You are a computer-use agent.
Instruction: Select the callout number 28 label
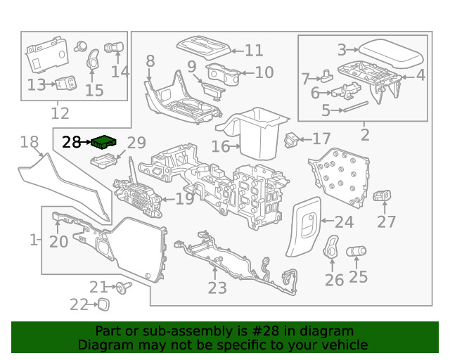pyautogui.click(x=72, y=142)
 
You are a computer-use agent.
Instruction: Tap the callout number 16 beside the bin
pyautogui.click(x=221, y=146)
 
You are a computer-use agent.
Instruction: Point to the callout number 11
pyautogui.click(x=254, y=51)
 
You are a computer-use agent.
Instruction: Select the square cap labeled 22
pyautogui.click(x=103, y=304)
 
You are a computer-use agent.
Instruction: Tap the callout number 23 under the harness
pyautogui.click(x=217, y=288)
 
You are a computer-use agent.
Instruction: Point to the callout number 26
pyautogui.click(x=334, y=279)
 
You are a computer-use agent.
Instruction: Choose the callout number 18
pyautogui.click(x=29, y=143)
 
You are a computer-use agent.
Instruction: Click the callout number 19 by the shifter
pyautogui.click(x=184, y=200)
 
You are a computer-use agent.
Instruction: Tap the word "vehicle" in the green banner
pyautogui.click(x=344, y=345)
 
